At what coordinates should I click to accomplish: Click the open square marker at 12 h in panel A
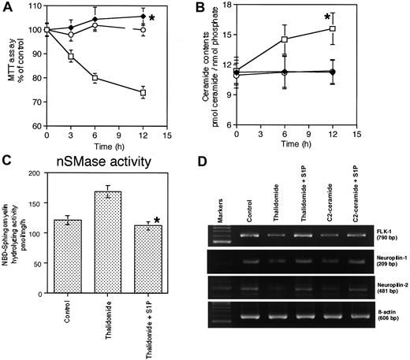(x=143, y=92)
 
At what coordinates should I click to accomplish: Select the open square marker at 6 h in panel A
(x=95, y=78)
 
